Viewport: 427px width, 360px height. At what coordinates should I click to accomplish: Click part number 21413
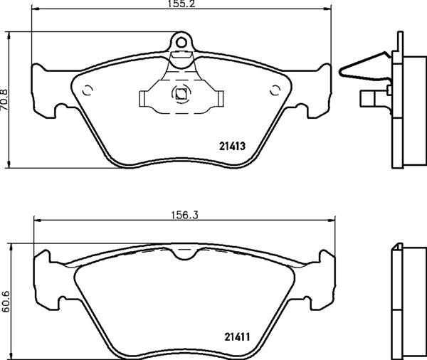pos(231,147)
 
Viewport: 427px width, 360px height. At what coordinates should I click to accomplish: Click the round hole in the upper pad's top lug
pos(181,41)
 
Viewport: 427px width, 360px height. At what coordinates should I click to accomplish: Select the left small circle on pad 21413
pos(88,90)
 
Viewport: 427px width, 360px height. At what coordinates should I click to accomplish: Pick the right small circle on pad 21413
pos(275,90)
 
